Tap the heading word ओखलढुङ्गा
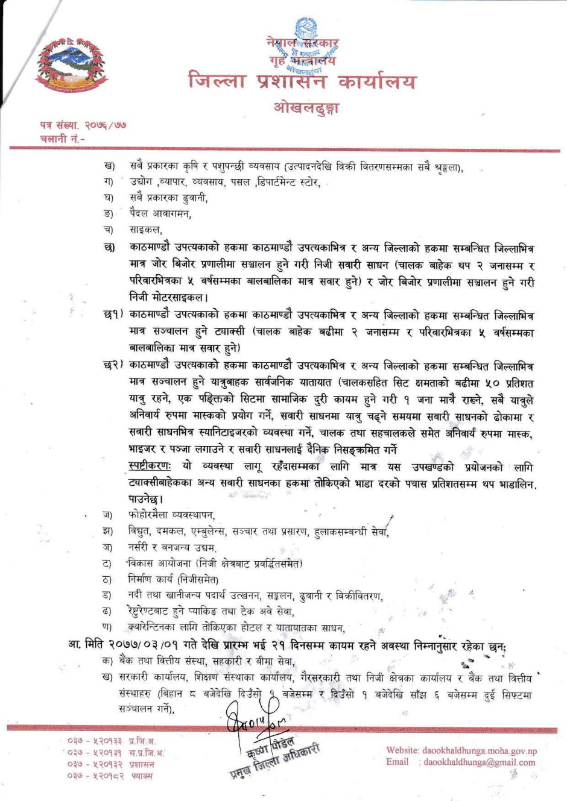pos(306,108)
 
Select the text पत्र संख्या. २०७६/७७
pos(83,125)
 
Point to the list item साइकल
pos(145,230)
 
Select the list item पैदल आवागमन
pos(160,213)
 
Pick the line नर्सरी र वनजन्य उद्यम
pos(172,547)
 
